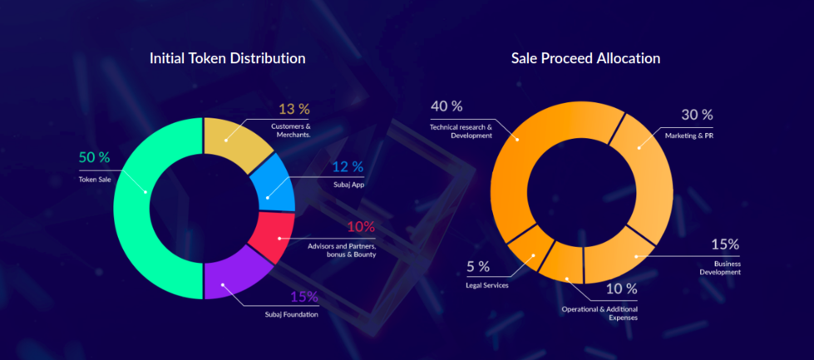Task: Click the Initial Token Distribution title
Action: point(227,58)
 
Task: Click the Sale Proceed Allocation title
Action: point(585,58)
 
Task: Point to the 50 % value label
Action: point(94,157)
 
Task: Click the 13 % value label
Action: point(294,109)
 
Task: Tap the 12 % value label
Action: point(348,166)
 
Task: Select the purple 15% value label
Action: point(303,297)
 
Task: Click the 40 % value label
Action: point(446,106)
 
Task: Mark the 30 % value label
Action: point(696,115)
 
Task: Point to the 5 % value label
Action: point(478,267)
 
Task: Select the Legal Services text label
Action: point(487,285)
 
